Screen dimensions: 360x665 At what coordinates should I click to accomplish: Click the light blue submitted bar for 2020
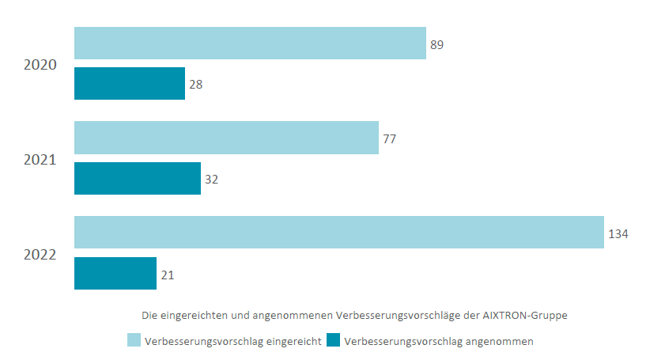click(x=250, y=43)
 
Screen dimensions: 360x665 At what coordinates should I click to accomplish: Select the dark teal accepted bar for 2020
click(x=130, y=84)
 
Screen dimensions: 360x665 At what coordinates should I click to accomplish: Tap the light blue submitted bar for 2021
click(x=226, y=138)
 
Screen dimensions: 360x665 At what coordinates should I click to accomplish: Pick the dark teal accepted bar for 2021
click(x=138, y=179)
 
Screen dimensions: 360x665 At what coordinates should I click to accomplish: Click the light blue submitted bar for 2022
click(x=339, y=233)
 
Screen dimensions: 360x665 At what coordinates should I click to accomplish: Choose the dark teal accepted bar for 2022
click(x=115, y=274)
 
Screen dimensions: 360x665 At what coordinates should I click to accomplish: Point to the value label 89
click(x=436, y=45)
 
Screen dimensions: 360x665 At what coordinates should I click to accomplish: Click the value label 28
click(x=196, y=84)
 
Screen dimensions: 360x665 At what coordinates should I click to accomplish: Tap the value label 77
click(x=389, y=139)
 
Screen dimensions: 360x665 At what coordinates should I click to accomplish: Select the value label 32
click(x=212, y=180)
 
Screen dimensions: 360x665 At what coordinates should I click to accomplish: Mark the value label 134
click(x=618, y=234)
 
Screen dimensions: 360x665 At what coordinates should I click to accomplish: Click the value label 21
click(x=168, y=275)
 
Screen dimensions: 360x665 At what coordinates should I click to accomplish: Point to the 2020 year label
click(x=40, y=65)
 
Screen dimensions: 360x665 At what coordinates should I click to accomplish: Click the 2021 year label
click(x=40, y=160)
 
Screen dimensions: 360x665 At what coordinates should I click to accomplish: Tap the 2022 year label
click(x=40, y=255)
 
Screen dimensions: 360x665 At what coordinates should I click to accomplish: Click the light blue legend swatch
click(x=134, y=341)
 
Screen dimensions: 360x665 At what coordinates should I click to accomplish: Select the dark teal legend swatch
click(x=334, y=341)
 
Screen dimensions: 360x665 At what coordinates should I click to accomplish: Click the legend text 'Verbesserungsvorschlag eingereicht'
click(x=232, y=342)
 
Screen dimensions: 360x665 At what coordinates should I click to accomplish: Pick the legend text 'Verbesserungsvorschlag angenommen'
click(x=440, y=342)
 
